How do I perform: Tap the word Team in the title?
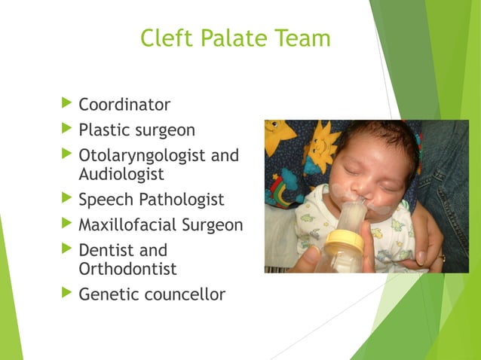[x=302, y=38]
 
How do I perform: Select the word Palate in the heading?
[x=234, y=38]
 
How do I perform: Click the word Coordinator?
[x=124, y=105]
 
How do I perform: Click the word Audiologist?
[x=121, y=173]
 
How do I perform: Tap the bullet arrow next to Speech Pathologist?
[x=66, y=198]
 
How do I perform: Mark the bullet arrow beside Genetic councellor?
[x=66, y=292]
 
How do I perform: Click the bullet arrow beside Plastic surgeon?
[x=66, y=128]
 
